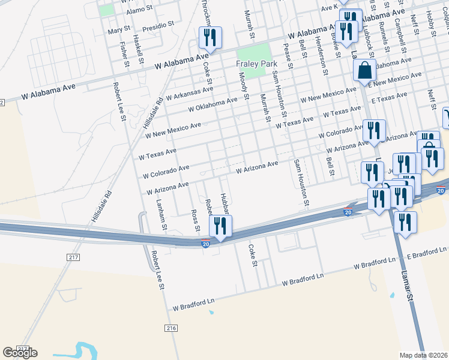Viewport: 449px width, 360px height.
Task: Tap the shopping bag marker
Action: [x=365, y=71]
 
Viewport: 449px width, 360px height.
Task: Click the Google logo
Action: [x=20, y=353]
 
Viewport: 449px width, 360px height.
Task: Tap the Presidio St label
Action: [x=158, y=26]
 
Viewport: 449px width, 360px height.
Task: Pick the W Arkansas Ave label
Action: [x=190, y=93]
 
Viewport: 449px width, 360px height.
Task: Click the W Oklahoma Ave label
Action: [x=210, y=106]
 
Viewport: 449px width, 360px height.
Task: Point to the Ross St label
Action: [x=195, y=220]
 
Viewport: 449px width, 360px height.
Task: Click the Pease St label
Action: [x=289, y=61]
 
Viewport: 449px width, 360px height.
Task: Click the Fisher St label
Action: [x=124, y=54]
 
